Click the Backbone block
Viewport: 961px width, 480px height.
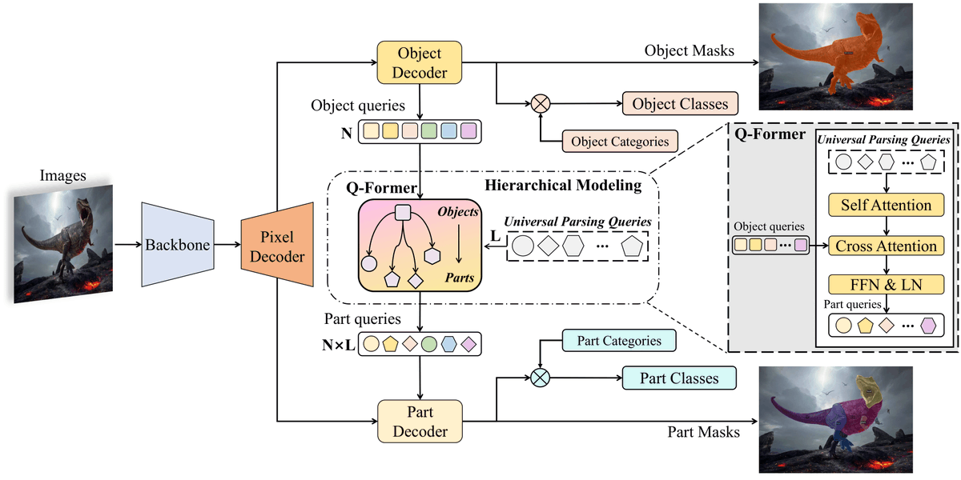click(x=176, y=244)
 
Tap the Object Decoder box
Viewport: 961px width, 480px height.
click(x=420, y=62)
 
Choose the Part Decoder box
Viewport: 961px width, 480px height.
click(x=420, y=422)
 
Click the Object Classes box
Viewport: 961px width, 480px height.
click(x=680, y=104)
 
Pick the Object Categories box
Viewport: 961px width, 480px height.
click(x=620, y=142)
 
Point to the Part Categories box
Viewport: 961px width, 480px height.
click(x=619, y=341)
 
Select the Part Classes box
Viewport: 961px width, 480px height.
click(x=679, y=378)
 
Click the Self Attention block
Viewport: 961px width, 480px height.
click(x=885, y=206)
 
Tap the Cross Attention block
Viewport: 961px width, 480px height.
click(x=885, y=246)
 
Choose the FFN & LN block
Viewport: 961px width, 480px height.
click(x=885, y=284)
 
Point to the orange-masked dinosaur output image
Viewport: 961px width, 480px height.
click(x=836, y=56)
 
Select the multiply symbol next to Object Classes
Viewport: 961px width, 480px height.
click(x=541, y=103)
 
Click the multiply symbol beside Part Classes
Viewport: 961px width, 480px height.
click(x=541, y=378)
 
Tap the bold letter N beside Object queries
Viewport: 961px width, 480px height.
click(x=346, y=133)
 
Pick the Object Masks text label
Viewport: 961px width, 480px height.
click(x=690, y=50)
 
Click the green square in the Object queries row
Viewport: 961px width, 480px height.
click(x=428, y=130)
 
